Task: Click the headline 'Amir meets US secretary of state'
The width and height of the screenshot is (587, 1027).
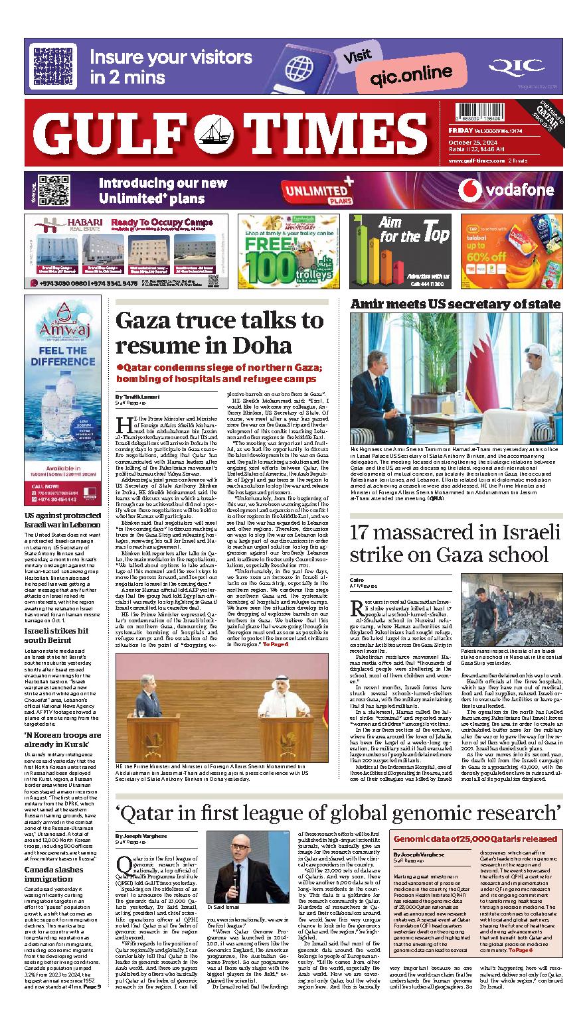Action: point(455,304)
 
